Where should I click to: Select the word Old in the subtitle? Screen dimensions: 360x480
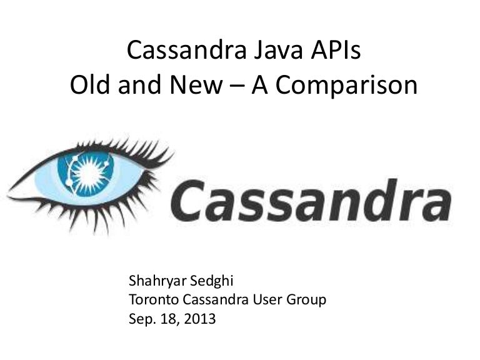[x=89, y=86]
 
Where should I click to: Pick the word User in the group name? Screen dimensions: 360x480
[x=269, y=299]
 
